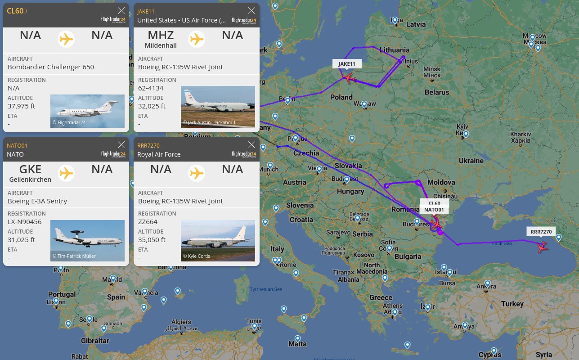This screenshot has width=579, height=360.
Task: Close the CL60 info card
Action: (121, 10)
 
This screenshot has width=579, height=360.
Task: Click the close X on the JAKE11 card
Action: (251, 10)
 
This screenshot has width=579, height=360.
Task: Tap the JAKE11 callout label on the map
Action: (347, 64)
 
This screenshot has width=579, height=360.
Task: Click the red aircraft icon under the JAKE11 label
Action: (349, 78)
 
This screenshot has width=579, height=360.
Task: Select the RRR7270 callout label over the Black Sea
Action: (541, 232)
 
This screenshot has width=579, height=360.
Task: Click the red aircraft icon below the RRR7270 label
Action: (543, 247)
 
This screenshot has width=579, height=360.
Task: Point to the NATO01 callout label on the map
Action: (434, 210)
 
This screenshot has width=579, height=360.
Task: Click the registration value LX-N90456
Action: (25, 222)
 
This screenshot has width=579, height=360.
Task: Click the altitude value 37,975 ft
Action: (22, 106)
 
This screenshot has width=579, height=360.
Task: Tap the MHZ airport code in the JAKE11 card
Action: (161, 36)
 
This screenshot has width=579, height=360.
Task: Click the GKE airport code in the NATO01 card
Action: (30, 170)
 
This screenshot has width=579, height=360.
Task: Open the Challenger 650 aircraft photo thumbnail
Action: (87, 111)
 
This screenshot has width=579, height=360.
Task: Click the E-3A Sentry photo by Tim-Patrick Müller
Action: (87, 240)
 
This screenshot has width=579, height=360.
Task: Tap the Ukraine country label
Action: (471, 161)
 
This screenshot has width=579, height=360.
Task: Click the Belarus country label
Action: (437, 92)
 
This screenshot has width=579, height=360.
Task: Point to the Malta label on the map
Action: (297, 344)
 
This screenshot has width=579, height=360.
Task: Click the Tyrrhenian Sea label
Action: (266, 289)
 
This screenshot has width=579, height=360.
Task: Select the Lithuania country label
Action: (395, 50)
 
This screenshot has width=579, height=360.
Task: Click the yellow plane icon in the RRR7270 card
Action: (197, 173)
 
